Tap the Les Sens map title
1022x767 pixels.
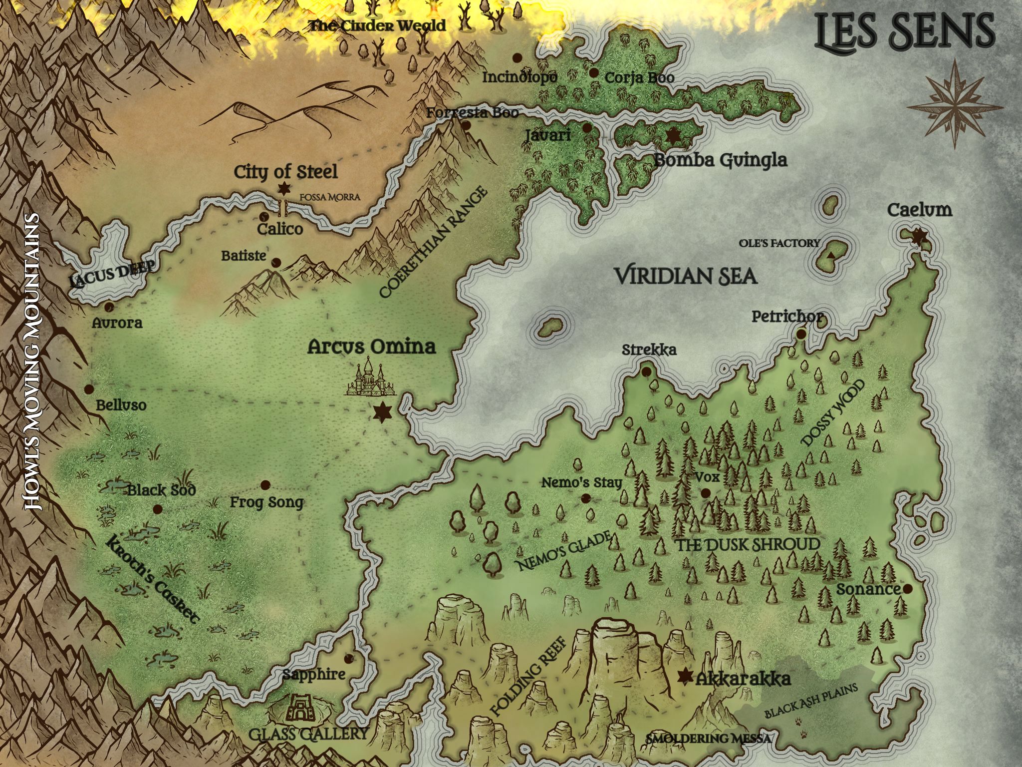coord(905,31)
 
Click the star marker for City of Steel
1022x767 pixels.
coord(284,189)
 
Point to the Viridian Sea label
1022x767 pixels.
coord(685,276)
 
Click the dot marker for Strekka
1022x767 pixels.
coord(646,372)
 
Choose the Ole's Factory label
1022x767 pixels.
coord(779,243)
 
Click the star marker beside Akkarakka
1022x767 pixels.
coord(686,676)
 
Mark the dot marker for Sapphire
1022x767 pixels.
coord(348,658)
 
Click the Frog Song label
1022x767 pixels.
coord(266,502)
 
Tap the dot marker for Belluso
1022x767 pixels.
coord(89,388)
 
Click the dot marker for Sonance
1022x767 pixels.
coord(908,589)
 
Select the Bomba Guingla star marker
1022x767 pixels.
coord(674,135)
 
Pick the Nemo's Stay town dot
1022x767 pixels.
coord(585,498)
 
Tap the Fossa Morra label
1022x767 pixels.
coord(329,197)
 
